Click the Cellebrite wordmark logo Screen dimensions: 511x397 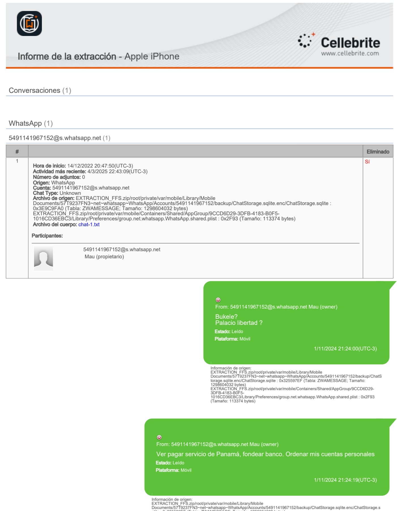(350, 43)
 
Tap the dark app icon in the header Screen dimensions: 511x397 (29, 24)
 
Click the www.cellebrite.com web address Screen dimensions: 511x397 (350, 53)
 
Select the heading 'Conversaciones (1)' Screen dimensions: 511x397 (40, 90)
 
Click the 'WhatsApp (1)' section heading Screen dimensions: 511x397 (31, 123)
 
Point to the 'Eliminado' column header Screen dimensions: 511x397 (378, 152)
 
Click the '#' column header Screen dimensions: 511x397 (17, 152)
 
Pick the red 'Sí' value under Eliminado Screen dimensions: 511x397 (367, 161)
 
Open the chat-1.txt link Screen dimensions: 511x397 (89, 224)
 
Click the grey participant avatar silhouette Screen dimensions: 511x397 (43, 258)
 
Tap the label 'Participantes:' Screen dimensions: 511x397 (47, 236)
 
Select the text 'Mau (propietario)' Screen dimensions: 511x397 (104, 257)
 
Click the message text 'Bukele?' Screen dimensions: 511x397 (226, 316)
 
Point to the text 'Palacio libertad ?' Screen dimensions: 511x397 (239, 323)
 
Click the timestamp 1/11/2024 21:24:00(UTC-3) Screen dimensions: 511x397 (345, 348)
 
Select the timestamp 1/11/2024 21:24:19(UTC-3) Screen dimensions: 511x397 (345, 480)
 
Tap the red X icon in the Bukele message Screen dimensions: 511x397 (218, 300)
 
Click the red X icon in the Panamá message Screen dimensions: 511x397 (159, 437)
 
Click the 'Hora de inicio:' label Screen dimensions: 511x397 (49, 166)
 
